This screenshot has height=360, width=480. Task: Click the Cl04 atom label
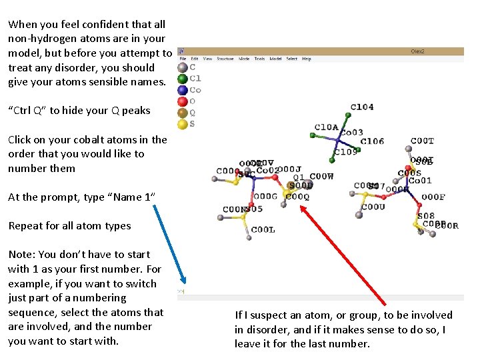click(362, 107)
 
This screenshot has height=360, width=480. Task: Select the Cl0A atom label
click(327, 127)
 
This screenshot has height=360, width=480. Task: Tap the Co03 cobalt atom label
click(351, 133)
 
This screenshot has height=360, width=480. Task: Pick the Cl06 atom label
click(372, 141)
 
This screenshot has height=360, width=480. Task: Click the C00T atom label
click(422, 141)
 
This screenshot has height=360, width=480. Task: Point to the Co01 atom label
click(420, 181)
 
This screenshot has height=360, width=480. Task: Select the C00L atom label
click(263, 230)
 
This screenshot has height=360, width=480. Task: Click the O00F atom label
click(433, 197)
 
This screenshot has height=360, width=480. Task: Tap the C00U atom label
click(373, 207)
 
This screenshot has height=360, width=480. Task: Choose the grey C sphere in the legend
click(182, 67)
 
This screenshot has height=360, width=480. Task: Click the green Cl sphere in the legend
click(182, 79)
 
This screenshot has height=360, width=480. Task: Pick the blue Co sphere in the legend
click(182, 90)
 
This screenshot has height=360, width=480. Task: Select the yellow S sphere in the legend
click(182, 124)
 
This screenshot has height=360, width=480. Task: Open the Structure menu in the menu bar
click(225, 59)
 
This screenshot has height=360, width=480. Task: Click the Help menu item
click(307, 59)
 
